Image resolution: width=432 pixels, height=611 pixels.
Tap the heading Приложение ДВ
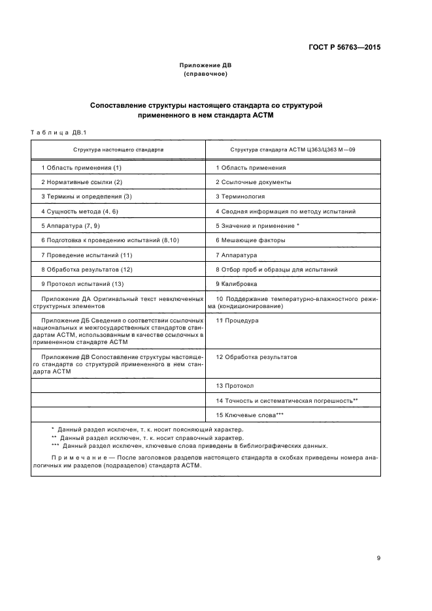205,66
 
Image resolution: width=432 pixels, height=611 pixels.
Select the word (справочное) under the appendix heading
205,74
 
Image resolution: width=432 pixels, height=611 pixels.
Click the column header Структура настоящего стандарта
118,149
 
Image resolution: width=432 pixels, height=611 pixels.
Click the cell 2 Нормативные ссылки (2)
82,182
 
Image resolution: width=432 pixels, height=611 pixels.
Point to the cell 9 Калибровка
237,284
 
